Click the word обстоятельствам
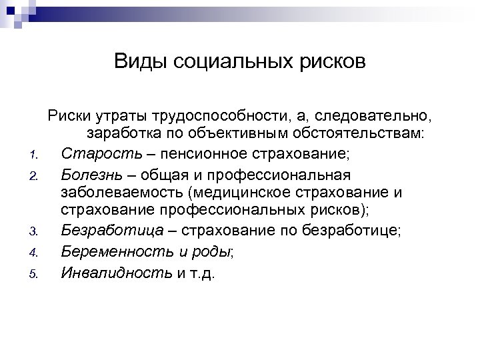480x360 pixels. pyautogui.click(x=359, y=135)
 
